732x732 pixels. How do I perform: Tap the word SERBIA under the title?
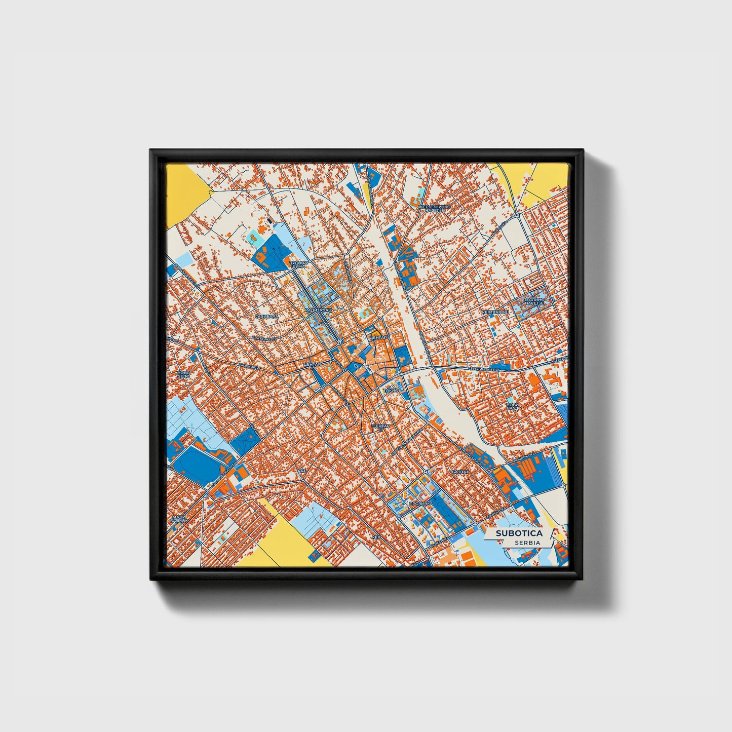[x=527, y=543]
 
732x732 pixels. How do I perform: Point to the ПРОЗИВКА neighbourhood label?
[x=420, y=504]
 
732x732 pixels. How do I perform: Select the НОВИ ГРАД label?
[x=513, y=406]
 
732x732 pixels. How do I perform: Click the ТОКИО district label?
[x=391, y=391]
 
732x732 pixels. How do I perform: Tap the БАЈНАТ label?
[x=460, y=472]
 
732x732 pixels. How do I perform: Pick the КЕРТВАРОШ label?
[x=494, y=313]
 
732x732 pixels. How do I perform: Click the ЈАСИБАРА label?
[x=267, y=316]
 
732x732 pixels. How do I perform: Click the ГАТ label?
[x=302, y=471]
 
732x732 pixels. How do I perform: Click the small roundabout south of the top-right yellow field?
[x=516, y=215]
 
